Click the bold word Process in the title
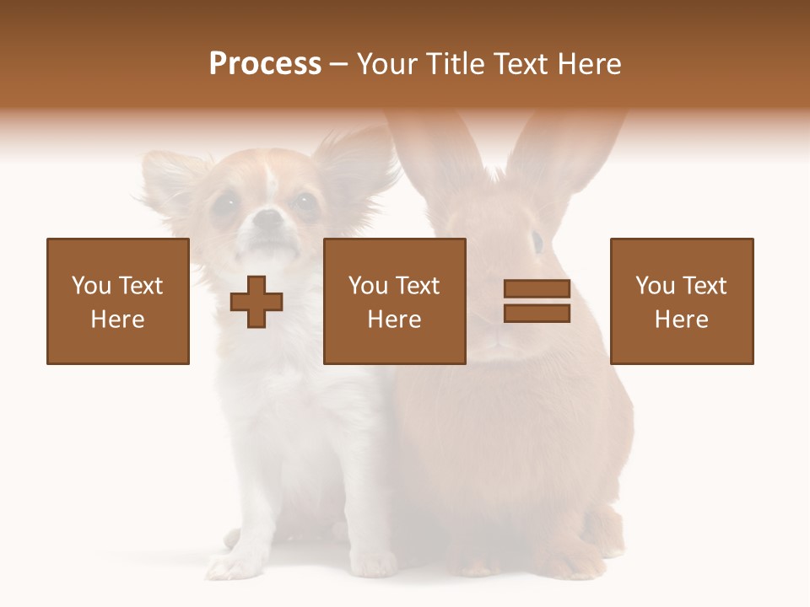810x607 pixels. click(x=265, y=64)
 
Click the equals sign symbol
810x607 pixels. click(x=537, y=302)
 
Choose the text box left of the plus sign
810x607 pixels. click(x=118, y=302)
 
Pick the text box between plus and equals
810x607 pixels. click(x=395, y=302)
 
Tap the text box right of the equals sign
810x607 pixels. click(x=682, y=302)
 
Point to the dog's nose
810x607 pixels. click(x=268, y=221)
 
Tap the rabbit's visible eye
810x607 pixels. click(x=537, y=242)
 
